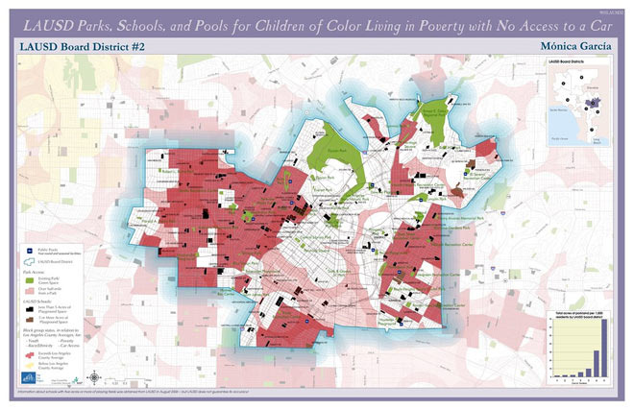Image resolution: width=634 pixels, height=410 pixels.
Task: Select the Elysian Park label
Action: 334,151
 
